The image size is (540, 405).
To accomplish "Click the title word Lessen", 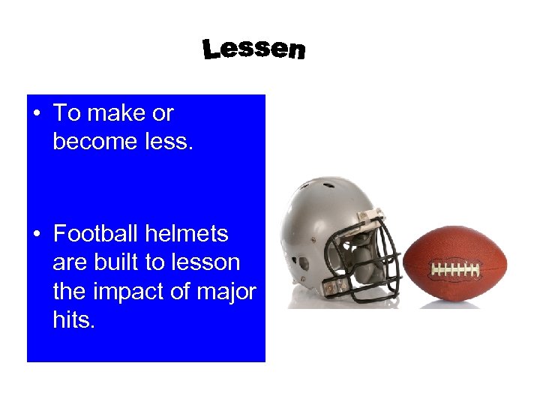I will pos(253,49).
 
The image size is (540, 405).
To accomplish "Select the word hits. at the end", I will pos(74,319).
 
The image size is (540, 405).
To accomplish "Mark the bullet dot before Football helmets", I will pos(36,235).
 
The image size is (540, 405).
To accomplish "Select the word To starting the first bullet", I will pos(67,114).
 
